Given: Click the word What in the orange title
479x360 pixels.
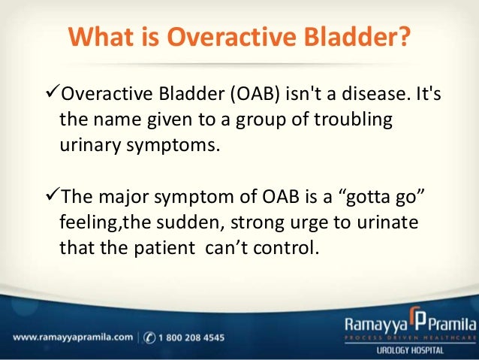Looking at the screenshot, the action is tap(101, 37).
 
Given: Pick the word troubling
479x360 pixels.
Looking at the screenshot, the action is tap(354, 119).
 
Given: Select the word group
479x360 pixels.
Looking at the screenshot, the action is tap(261, 120).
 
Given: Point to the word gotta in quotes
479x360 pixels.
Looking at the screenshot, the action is tap(365, 197).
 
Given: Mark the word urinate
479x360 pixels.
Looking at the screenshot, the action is tap(387, 222).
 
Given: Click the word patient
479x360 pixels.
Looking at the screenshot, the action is tap(164, 248).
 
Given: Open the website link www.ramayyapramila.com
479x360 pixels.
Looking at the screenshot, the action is tap(73, 337).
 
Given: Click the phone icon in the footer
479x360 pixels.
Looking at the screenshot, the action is tap(149, 337).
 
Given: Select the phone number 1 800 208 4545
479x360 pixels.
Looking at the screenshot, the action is tap(191, 337).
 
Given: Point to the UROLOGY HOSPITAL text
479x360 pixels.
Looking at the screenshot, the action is tap(410, 350).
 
